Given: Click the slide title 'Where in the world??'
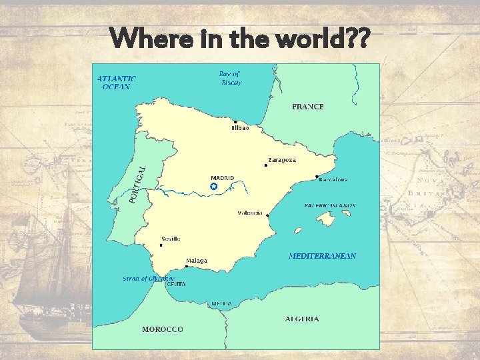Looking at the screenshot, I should [240, 38].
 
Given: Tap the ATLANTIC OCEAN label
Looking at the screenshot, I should [117, 82].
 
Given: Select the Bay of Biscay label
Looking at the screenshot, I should [230, 78].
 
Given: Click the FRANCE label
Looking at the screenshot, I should [308, 107].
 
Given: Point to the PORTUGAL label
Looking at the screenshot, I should [138, 184].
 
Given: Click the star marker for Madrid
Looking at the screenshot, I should [213, 187].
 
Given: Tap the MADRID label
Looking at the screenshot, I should [223, 178].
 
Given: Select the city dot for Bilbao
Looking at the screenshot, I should [235, 122].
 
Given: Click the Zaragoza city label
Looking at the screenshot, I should [281, 160].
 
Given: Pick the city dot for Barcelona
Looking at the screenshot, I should [316, 177].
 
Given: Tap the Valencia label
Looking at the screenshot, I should [250, 213].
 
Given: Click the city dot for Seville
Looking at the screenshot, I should [161, 245].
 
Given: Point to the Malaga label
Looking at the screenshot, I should [196, 260].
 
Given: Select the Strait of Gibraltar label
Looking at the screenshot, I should [149, 279].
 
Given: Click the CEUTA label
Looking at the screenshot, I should [176, 284].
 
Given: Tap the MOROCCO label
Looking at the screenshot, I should [162, 329].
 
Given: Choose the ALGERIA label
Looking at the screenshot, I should [302, 319].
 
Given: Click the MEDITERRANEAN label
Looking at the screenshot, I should [322, 256].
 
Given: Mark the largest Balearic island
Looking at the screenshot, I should [326, 219].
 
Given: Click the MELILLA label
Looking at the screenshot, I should [221, 304].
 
